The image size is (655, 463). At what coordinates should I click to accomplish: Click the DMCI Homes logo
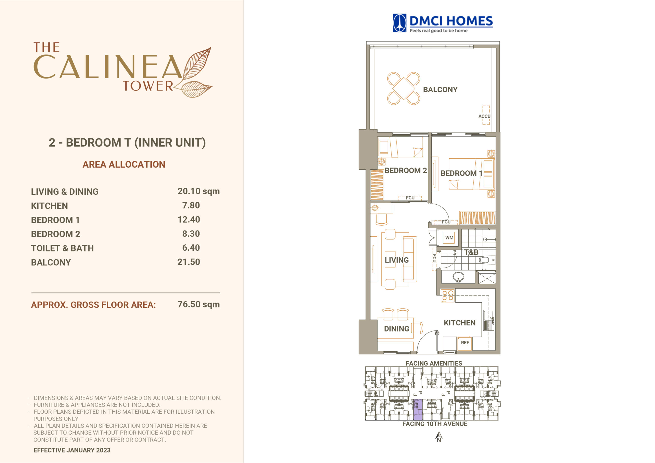click(x=442, y=23)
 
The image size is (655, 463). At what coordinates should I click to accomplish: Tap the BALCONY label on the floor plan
click(x=440, y=90)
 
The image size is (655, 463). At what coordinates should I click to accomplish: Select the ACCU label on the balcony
click(x=484, y=116)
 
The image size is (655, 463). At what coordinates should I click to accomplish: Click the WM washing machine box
click(x=449, y=238)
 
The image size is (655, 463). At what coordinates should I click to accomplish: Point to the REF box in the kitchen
click(x=465, y=343)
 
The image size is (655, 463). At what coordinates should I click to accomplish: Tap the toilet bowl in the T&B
click(x=486, y=260)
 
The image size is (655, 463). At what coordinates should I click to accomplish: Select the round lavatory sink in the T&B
click(x=458, y=277)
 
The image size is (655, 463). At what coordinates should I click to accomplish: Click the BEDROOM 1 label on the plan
click(x=461, y=173)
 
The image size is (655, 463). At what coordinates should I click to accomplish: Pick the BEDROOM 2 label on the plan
click(x=406, y=171)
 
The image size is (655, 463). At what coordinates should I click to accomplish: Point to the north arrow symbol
click(x=439, y=437)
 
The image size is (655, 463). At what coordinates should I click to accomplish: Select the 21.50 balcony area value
click(x=189, y=262)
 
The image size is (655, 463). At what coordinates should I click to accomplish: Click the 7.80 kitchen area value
click(x=191, y=205)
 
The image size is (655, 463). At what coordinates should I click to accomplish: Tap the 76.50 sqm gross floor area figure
click(x=199, y=304)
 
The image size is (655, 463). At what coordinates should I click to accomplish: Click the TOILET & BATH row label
click(x=62, y=248)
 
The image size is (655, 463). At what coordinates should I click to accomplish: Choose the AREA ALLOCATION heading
click(x=124, y=164)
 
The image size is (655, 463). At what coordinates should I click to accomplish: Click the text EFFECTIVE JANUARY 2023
click(x=72, y=450)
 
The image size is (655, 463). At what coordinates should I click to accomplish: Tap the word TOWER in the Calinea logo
click(x=148, y=86)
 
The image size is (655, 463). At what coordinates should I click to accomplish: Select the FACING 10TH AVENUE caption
click(x=435, y=424)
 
